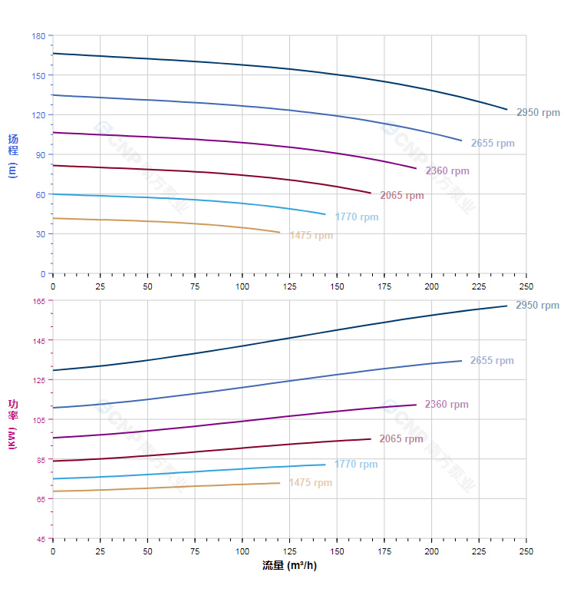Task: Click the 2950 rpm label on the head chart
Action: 538,113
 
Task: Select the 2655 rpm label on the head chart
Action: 493,144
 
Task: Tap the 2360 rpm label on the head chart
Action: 447,171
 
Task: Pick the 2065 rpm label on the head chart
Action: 402,196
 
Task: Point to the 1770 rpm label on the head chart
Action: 357,217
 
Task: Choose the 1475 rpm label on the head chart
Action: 312,236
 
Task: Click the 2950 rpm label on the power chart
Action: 538,306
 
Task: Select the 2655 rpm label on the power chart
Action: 492,361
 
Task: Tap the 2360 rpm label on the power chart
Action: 447,405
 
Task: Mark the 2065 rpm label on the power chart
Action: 401,439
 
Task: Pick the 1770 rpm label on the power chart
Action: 356,465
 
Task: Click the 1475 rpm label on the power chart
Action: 311,483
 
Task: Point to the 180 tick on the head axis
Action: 38,36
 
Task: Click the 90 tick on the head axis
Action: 41,154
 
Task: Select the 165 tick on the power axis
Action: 38,301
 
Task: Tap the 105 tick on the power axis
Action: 38,420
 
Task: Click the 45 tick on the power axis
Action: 41,539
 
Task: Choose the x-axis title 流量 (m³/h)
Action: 289,566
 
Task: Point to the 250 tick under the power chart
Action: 526,552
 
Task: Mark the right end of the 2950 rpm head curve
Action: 507,110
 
